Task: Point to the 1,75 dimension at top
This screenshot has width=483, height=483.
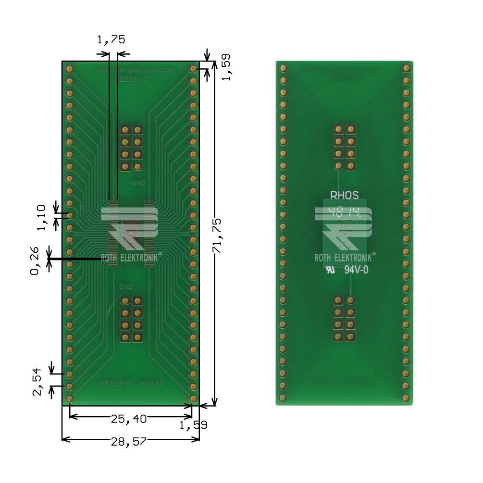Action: click(111, 40)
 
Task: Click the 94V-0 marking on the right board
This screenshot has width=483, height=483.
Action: click(357, 270)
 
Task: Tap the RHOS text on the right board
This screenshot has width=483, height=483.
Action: click(344, 196)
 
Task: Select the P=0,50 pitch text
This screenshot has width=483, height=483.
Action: click(152, 384)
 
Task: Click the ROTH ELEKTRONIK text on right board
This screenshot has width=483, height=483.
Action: click(343, 258)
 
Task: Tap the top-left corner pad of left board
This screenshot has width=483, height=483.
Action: click(69, 69)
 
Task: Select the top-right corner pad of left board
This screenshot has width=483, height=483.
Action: click(193, 69)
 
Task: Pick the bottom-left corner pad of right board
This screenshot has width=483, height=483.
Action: click(283, 398)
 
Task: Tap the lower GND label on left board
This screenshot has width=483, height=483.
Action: click(126, 286)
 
